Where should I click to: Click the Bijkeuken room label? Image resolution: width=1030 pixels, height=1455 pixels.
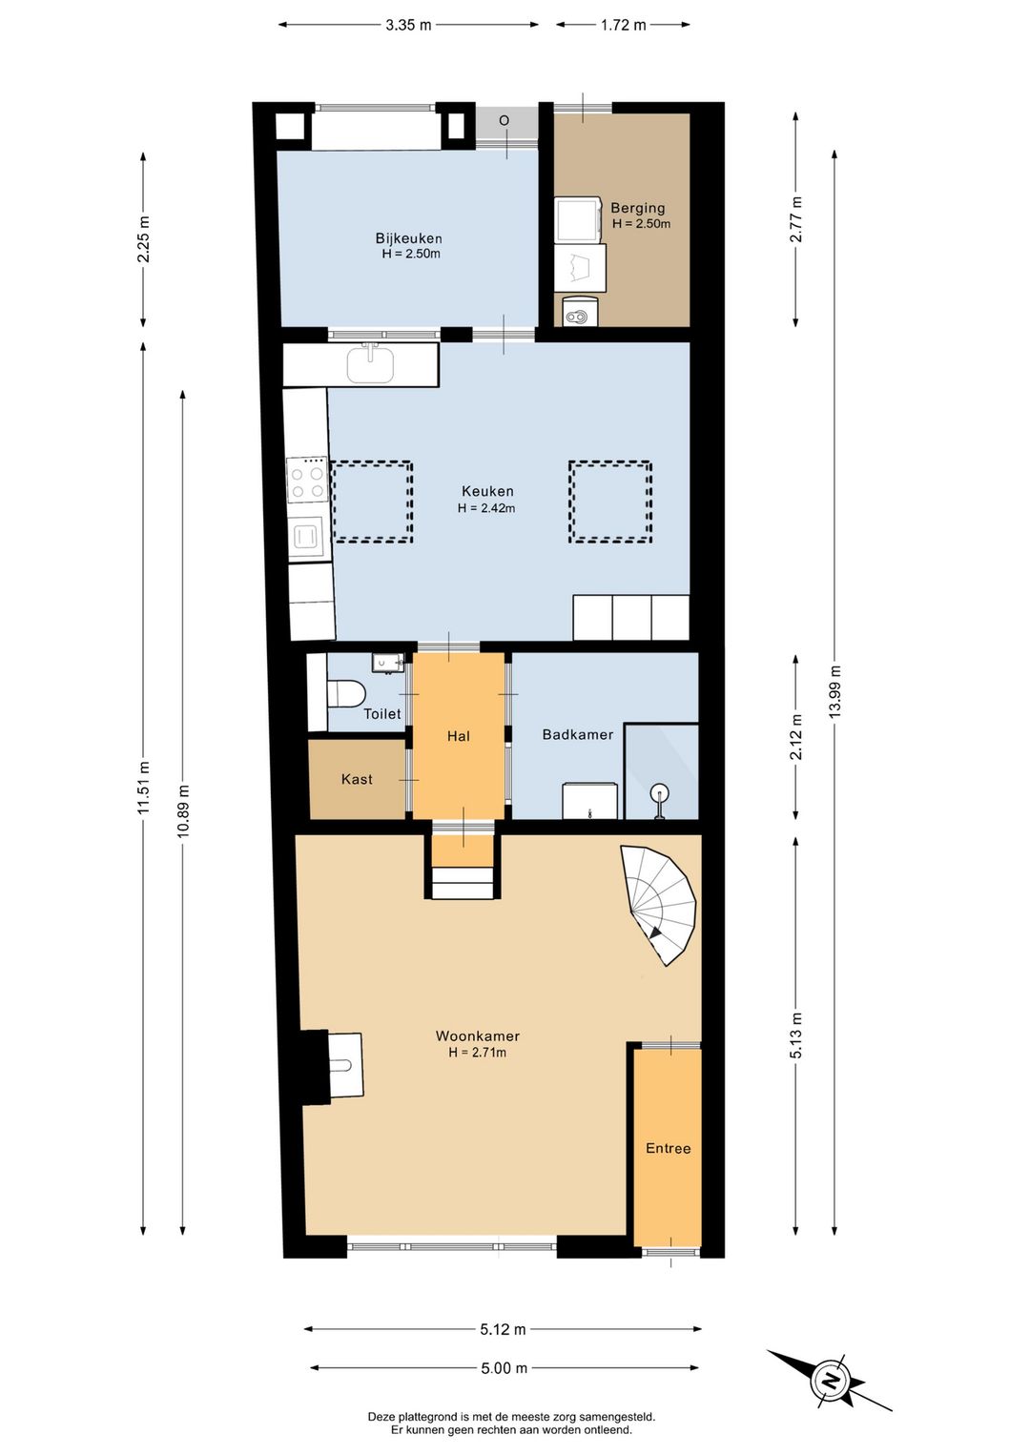click(409, 238)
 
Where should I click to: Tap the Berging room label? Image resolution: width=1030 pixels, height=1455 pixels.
click(637, 209)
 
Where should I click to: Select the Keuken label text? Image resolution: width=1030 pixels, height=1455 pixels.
click(487, 491)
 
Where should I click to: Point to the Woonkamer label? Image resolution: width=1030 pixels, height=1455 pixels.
click(477, 1036)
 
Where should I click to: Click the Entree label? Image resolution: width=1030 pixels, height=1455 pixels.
click(668, 1148)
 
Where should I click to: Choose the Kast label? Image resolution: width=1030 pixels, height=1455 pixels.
click(357, 779)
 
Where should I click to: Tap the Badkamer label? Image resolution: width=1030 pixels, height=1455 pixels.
click(578, 734)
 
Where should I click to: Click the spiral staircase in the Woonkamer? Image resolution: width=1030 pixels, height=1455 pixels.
click(658, 905)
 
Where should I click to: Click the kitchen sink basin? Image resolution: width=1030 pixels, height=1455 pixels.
click(370, 365)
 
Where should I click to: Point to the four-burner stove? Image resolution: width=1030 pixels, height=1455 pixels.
click(307, 480)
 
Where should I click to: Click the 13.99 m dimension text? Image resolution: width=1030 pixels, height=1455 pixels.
click(834, 692)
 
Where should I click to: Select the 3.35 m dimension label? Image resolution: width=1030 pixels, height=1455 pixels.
click(408, 26)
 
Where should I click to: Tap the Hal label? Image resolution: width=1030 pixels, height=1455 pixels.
click(458, 736)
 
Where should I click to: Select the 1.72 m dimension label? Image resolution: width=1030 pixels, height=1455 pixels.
click(623, 26)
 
